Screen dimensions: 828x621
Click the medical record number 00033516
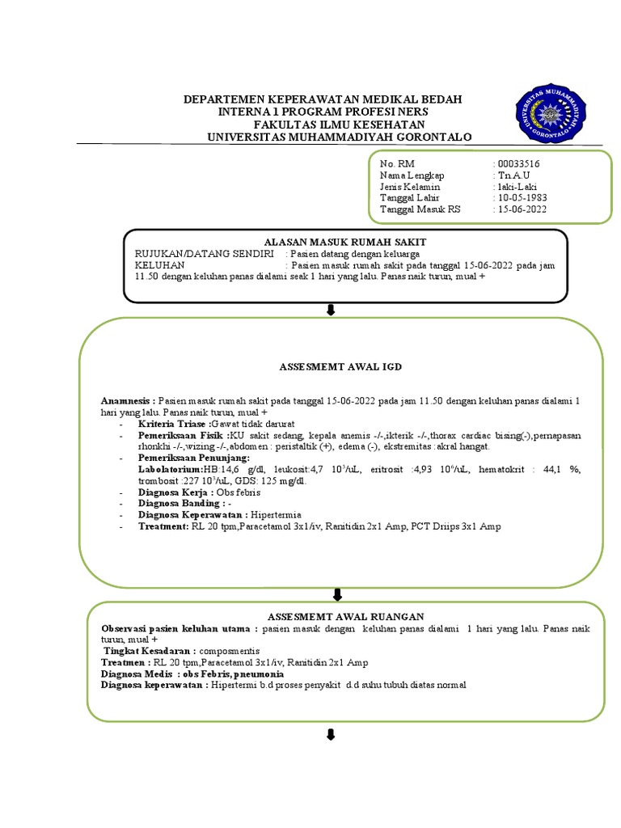tap(521, 163)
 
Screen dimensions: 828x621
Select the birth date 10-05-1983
tap(523, 197)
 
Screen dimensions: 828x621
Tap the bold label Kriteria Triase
tap(173, 424)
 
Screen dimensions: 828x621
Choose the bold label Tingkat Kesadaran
tap(147, 650)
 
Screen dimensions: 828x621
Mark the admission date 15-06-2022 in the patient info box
tap(523, 209)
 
